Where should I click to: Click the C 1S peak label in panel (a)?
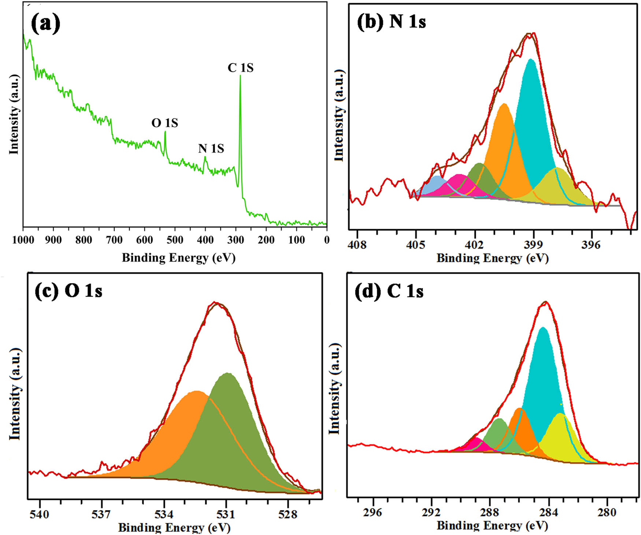click(x=240, y=68)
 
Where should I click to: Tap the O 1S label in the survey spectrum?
click(x=164, y=123)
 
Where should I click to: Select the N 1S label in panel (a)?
click(x=211, y=148)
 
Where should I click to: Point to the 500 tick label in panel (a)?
click(x=175, y=240)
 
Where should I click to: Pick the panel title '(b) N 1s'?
click(x=391, y=22)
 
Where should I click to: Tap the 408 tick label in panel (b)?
click(x=357, y=245)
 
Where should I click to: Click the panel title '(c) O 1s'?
click(x=68, y=291)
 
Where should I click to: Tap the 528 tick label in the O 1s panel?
click(x=288, y=514)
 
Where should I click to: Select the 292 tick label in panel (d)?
click(x=431, y=512)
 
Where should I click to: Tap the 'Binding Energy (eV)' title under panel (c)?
click(x=174, y=528)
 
